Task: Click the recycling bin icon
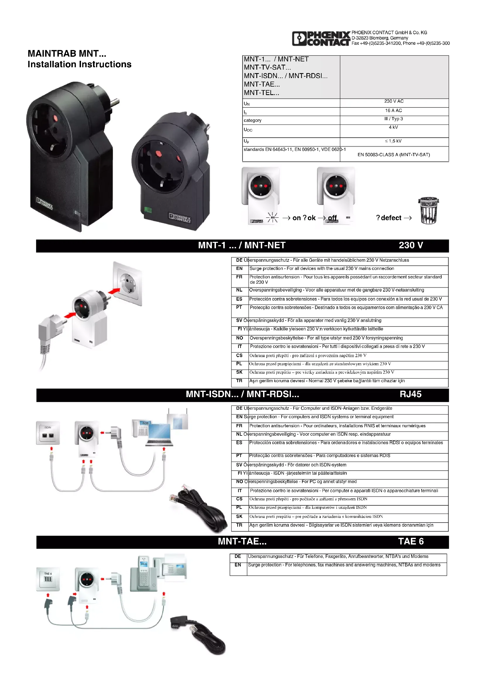coord(428,211)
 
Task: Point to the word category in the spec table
coord(253,120)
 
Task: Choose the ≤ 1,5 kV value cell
coord(393,141)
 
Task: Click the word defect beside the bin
coord(391,218)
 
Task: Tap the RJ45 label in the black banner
coord(410,394)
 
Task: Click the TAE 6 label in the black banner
coord(411,541)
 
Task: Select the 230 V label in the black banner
coord(411,245)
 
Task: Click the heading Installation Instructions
coord(79,64)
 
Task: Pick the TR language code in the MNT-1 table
coord(239,381)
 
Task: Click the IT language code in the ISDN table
coord(240,491)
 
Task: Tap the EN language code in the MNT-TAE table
coord(238,565)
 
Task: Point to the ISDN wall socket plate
coord(48,433)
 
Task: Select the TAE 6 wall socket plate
coord(48,578)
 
